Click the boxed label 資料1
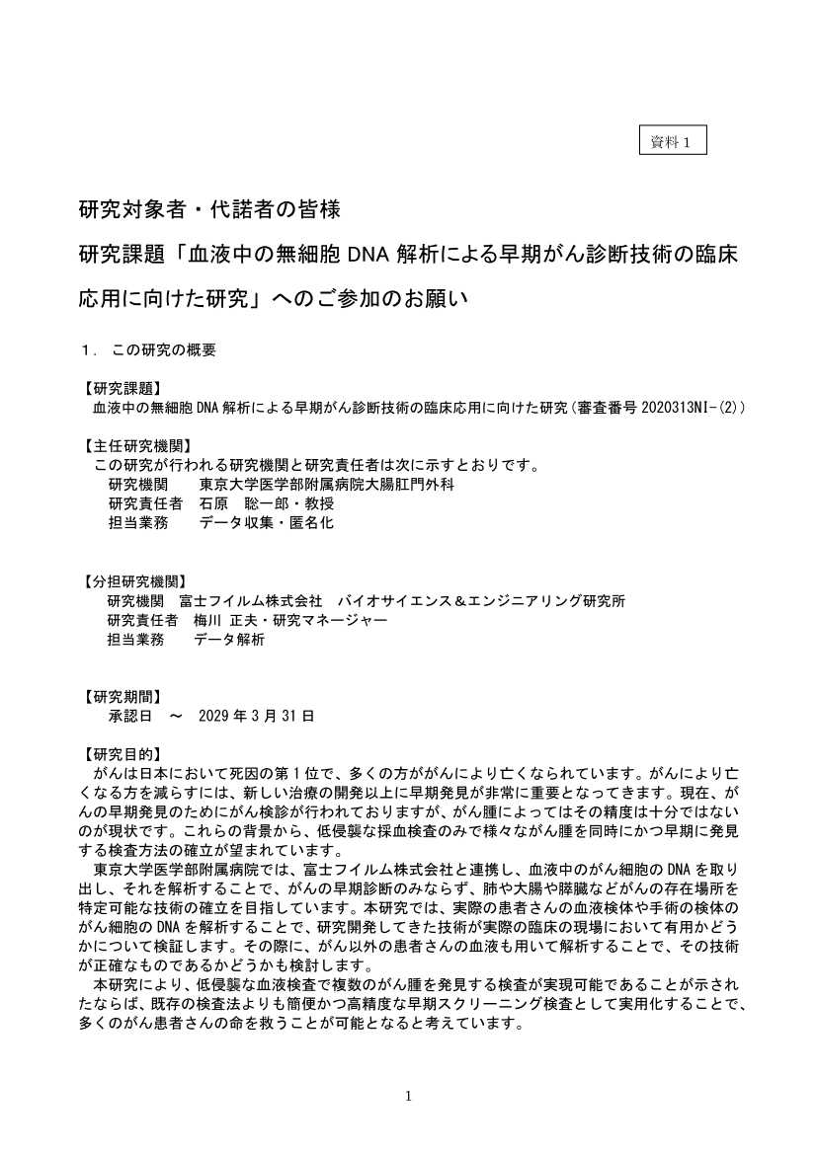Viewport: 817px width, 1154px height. (673, 141)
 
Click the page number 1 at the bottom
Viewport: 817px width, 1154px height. (409, 1096)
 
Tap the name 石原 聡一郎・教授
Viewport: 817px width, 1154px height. (267, 503)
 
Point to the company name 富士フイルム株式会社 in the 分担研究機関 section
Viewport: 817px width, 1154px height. (251, 600)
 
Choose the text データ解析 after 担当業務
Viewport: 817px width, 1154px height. (229, 639)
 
